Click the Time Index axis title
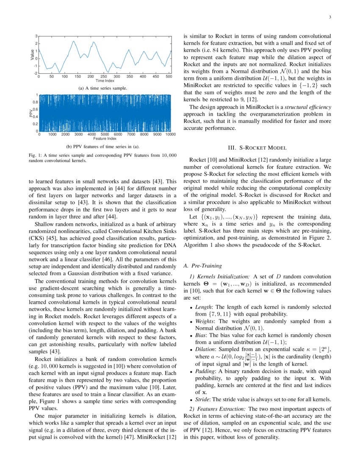coord(105,80)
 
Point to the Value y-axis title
coord(32,55)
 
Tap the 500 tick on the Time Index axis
coord(169,77)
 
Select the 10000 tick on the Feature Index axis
coord(170,134)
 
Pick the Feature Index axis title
coord(105,138)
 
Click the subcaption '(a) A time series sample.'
coord(103,88)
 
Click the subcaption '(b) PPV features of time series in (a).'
coord(103,147)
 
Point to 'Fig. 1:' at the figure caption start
coord(34,155)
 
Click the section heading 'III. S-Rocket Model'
coord(258,148)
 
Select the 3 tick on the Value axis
coord(36,36)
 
